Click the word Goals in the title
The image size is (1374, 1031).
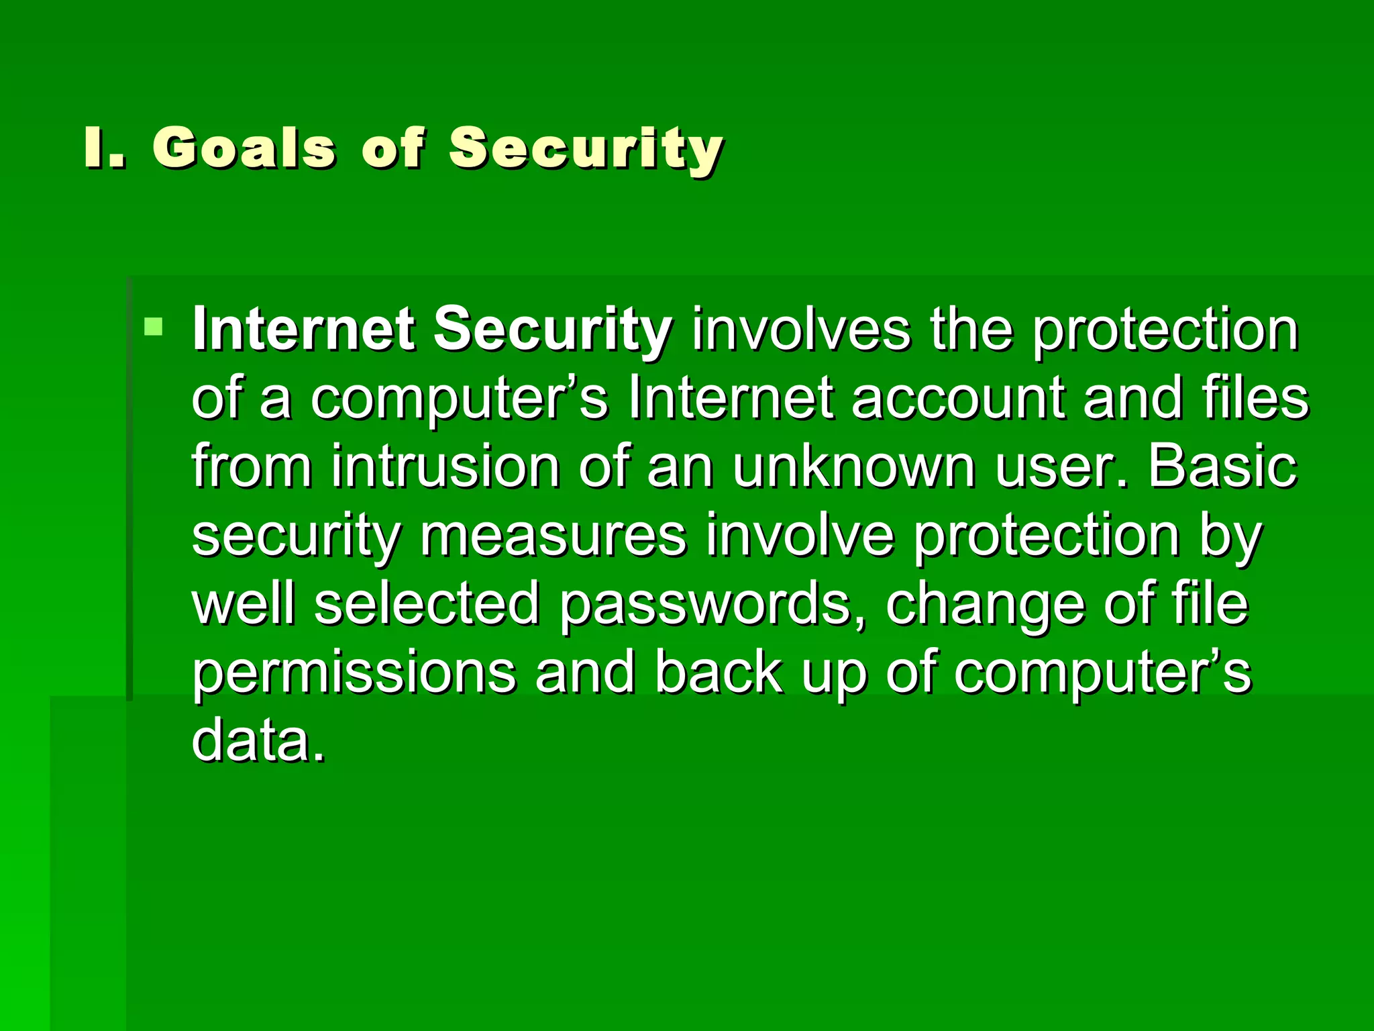pos(244,148)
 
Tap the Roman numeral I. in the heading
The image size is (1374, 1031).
pos(105,148)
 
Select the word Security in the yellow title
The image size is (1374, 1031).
pos(586,149)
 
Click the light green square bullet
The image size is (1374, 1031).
pos(154,327)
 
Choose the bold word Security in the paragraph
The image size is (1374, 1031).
pos(552,330)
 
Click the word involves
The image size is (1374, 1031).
pos(801,329)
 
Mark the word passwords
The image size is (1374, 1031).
pos(711,605)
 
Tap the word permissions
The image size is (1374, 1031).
pos(354,675)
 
